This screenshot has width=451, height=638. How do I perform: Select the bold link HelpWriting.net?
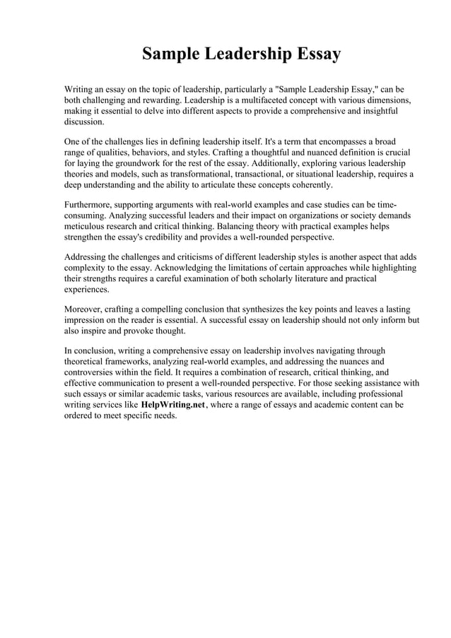173,405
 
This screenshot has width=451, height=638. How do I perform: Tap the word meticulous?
86,228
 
